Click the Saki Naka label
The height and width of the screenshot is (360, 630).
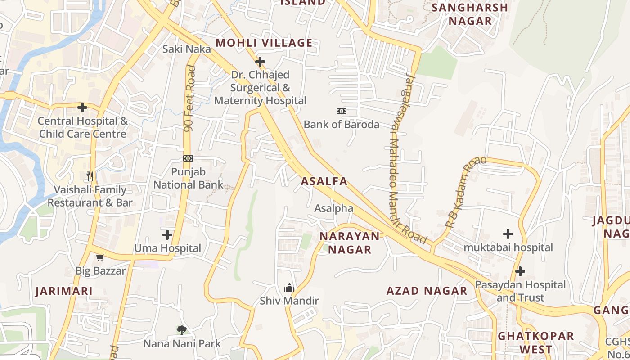186,49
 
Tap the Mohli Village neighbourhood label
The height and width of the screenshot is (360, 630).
264,43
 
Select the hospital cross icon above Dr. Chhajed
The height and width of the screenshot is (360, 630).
260,62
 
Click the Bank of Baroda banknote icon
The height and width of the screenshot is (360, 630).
342,111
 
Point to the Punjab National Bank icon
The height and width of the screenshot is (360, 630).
188,158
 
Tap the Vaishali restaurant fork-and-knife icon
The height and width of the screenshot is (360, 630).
90,176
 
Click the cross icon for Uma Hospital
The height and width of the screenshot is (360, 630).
167,235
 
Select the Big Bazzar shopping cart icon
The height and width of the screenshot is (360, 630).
100,258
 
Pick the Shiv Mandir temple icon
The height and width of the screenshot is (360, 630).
289,287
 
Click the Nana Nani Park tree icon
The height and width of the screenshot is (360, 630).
181,330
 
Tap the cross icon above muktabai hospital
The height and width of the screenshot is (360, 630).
508,234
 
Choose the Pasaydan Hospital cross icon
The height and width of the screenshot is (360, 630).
520,271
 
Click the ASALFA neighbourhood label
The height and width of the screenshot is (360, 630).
324,181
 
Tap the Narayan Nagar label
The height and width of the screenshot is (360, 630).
350,243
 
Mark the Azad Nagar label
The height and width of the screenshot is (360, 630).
427,291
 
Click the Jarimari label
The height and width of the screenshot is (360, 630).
64,291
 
